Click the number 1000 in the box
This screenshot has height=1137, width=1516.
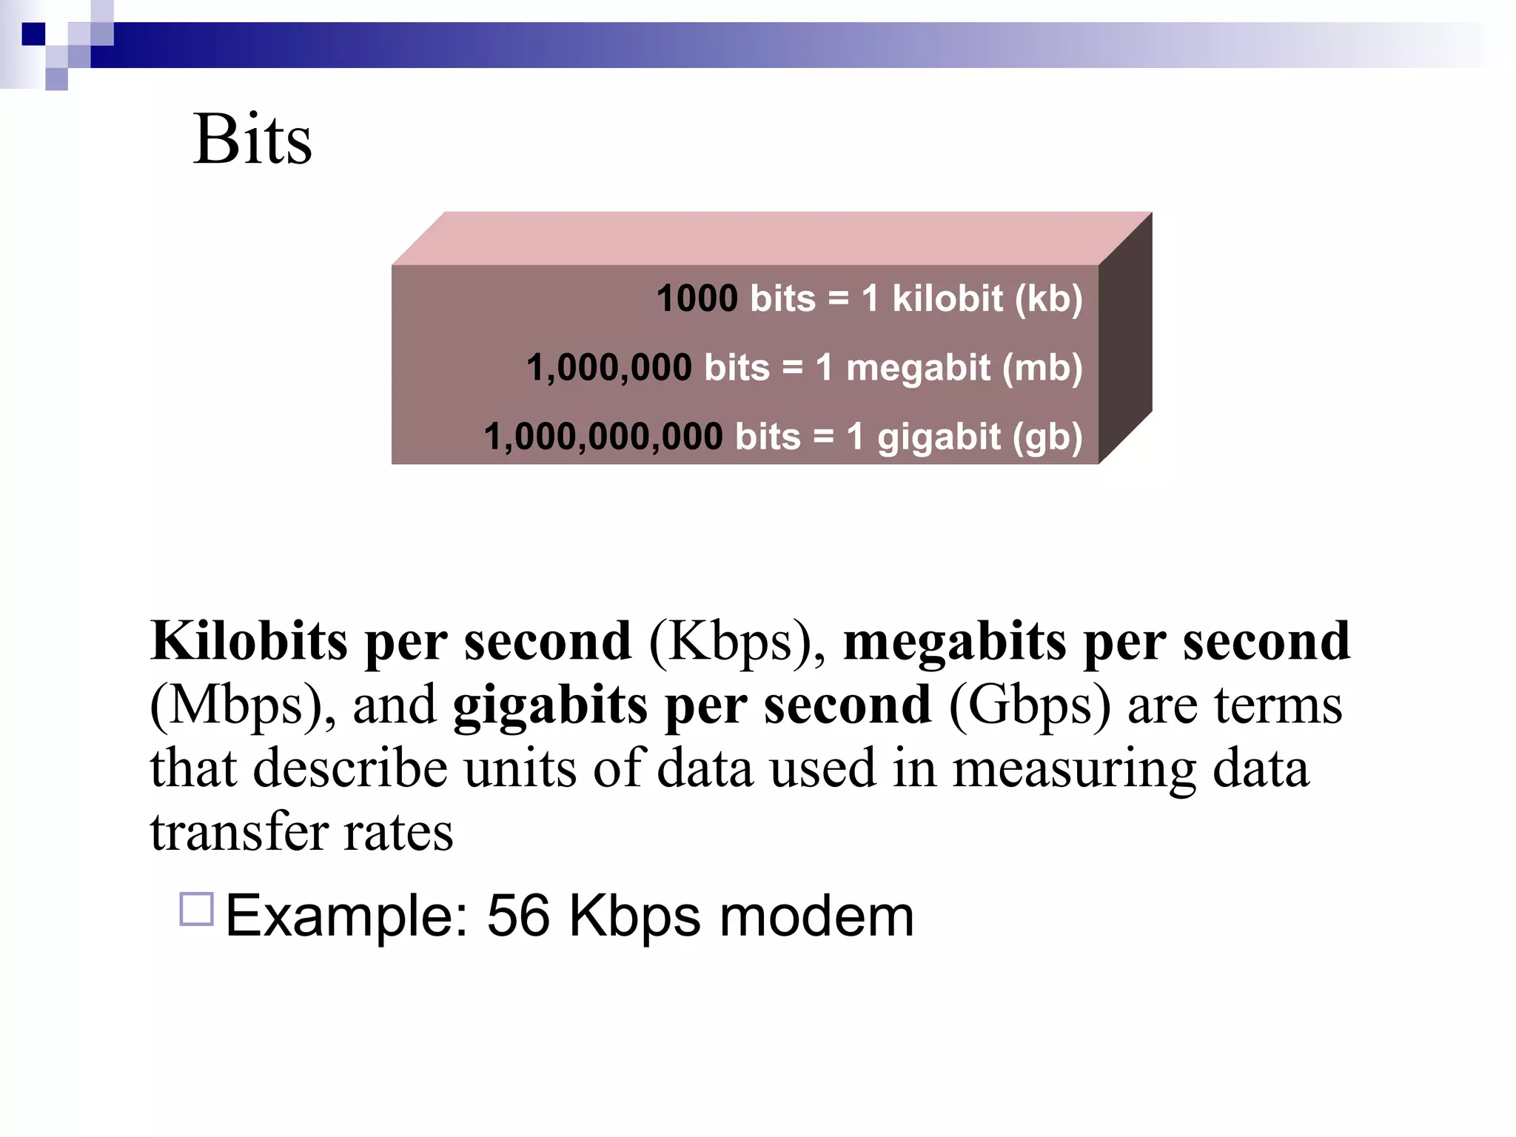pos(697,298)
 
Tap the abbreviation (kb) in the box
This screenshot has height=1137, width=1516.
pos(1048,298)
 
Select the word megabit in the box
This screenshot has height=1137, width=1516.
pos(918,368)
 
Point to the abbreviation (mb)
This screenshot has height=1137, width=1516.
pos(1042,368)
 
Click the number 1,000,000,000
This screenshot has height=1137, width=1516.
pos(603,437)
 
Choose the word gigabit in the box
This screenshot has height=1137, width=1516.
pos(939,437)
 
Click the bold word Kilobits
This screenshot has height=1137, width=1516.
pos(249,640)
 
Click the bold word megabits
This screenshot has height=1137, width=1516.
pos(954,640)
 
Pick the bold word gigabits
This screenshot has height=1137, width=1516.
pos(550,705)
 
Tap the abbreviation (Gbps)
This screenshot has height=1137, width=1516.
pos(1030,705)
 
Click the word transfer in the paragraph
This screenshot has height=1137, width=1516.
pos(238,832)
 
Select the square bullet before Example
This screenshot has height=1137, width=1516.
pos(197,909)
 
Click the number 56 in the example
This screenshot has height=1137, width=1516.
pos(518,916)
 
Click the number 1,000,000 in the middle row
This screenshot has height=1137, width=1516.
pos(609,368)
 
